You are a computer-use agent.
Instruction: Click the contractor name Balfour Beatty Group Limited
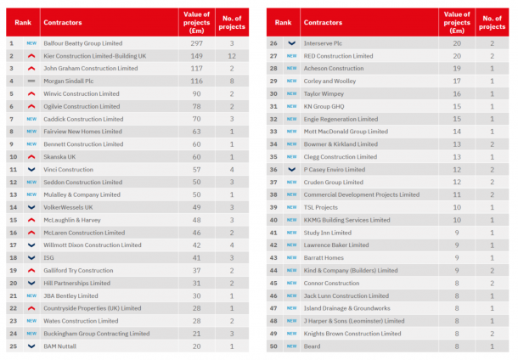click(x=82, y=42)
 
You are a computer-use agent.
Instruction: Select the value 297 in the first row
click(x=195, y=42)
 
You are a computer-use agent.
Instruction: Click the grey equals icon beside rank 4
click(x=31, y=81)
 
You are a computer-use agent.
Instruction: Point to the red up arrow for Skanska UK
click(x=31, y=157)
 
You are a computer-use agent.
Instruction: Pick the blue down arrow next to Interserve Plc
click(x=292, y=42)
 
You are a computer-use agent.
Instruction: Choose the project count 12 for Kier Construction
click(x=232, y=55)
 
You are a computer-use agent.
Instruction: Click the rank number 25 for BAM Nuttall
click(x=12, y=347)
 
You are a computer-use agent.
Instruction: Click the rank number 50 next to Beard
click(x=273, y=347)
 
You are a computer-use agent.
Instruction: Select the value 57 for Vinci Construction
click(x=195, y=170)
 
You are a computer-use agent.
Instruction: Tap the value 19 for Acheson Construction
click(x=456, y=68)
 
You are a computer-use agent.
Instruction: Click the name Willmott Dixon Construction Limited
click(x=93, y=245)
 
